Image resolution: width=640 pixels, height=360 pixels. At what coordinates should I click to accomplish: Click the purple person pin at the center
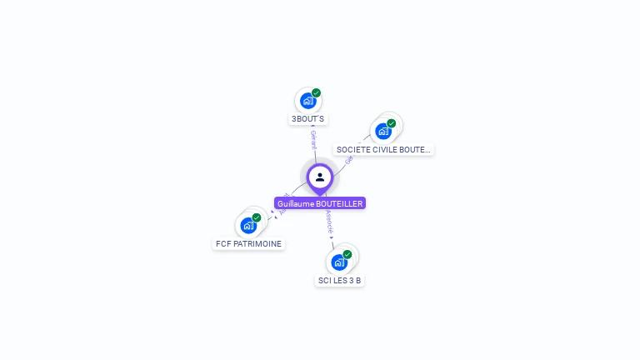click(x=320, y=177)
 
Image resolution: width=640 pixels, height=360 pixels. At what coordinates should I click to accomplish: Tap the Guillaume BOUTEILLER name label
click(x=320, y=203)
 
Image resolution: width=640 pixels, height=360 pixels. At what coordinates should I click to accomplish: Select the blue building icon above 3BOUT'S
click(x=307, y=101)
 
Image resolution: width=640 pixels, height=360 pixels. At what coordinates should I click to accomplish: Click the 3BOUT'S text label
click(x=307, y=119)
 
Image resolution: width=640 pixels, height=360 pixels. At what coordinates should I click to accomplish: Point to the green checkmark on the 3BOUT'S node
click(x=317, y=92)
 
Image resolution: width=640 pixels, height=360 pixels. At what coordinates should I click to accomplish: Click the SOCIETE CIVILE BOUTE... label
click(x=383, y=150)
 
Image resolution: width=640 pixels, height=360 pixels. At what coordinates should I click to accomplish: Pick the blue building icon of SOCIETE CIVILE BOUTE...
click(x=382, y=131)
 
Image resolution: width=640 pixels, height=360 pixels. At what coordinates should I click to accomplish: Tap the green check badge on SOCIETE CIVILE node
click(x=392, y=122)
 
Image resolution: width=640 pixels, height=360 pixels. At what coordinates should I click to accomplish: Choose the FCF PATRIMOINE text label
click(x=248, y=244)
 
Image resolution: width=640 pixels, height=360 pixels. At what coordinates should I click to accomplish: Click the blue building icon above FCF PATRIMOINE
click(x=248, y=225)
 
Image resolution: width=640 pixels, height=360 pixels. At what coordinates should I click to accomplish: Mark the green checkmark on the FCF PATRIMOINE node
click(x=257, y=217)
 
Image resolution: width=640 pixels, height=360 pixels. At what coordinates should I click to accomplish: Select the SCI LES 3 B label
click(x=339, y=281)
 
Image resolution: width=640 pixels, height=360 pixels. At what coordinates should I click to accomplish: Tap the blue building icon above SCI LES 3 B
click(x=338, y=262)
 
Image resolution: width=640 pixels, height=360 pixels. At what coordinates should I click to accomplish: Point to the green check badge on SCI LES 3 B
click(x=347, y=254)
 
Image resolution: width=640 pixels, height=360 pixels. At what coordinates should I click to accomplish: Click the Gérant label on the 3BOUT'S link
click(x=313, y=139)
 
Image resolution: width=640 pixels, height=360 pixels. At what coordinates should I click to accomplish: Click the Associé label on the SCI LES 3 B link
click(x=329, y=220)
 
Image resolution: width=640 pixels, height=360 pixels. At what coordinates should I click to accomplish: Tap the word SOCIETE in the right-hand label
click(x=353, y=150)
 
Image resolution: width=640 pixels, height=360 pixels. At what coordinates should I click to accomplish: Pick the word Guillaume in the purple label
click(x=293, y=203)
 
